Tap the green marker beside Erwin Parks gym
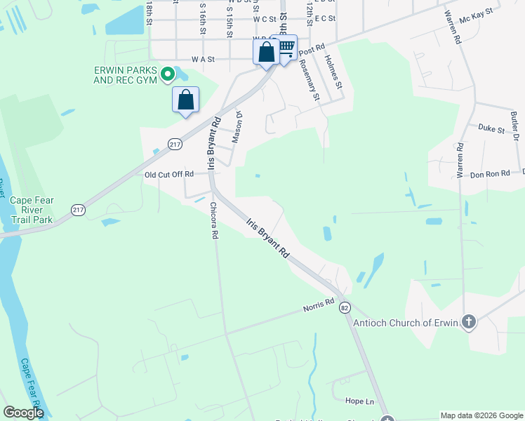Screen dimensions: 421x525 [168, 74]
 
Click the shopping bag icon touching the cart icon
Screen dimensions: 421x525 [266, 52]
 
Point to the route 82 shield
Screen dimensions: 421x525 [344, 308]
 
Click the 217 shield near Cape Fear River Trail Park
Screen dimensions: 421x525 [78, 210]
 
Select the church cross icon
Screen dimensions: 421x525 [468, 323]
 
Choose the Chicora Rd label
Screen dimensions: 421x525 [213, 222]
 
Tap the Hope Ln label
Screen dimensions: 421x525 [359, 401]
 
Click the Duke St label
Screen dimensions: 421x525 [491, 129]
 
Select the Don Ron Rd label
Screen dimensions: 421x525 [490, 174]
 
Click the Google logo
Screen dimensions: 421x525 [23, 413]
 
